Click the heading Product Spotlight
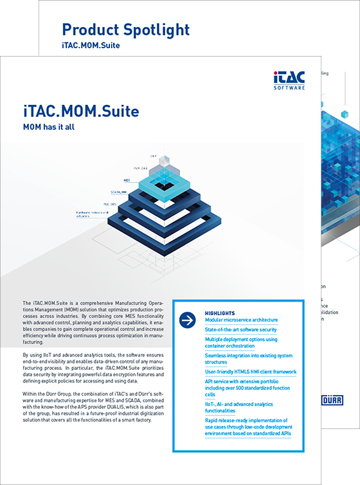pos(125,29)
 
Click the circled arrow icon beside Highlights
pos(188,319)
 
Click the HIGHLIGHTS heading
pos(219,313)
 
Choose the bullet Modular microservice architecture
pos(241,320)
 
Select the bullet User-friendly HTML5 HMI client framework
pos(251,371)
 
